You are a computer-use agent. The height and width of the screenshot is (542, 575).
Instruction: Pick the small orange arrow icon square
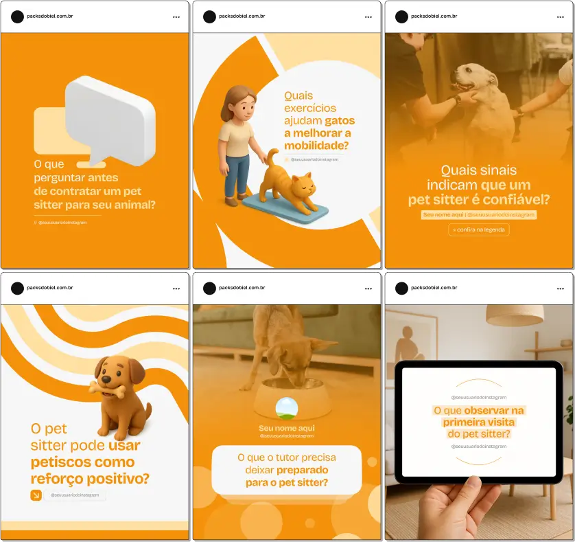pos(36,495)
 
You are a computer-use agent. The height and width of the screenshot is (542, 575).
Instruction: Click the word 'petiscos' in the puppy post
pos(62,462)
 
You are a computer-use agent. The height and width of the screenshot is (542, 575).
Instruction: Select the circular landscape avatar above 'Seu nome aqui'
pos(286,409)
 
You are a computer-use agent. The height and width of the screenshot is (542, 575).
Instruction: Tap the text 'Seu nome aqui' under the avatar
pos(286,428)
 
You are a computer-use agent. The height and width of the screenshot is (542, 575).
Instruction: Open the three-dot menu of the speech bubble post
pos(176,16)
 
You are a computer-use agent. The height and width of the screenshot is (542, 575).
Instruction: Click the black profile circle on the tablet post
pos(401,288)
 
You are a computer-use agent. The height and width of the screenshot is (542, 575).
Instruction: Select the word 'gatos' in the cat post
pos(340,120)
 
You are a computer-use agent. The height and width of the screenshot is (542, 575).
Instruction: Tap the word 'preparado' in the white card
pos(302,470)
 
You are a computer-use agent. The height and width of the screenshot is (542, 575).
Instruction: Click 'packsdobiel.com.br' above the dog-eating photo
pos(242,288)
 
